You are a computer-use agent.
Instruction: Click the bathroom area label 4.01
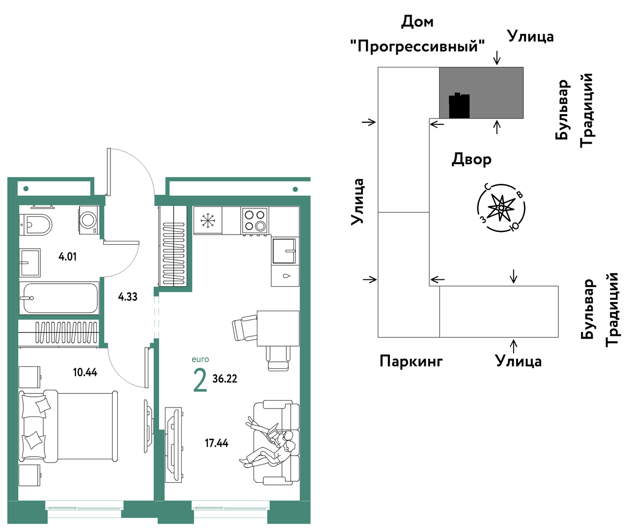(67, 257)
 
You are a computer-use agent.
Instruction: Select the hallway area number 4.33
(128, 296)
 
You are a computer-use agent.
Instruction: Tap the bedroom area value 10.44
(85, 372)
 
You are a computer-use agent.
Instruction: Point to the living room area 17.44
(217, 443)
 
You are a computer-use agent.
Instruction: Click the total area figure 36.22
(225, 379)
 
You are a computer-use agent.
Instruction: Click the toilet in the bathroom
(35, 225)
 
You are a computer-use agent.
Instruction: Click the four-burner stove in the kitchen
(254, 220)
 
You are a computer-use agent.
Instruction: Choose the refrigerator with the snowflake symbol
(208, 220)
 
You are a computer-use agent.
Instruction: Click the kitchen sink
(284, 251)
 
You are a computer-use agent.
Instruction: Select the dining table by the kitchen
(278, 328)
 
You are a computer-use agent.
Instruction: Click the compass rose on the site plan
(501, 207)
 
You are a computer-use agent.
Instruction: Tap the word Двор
(471, 159)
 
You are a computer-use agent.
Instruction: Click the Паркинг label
(411, 361)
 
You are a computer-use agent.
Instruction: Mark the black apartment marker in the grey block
(459, 105)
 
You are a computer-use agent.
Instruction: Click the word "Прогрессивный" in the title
(417, 46)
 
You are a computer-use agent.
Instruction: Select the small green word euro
(200, 359)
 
